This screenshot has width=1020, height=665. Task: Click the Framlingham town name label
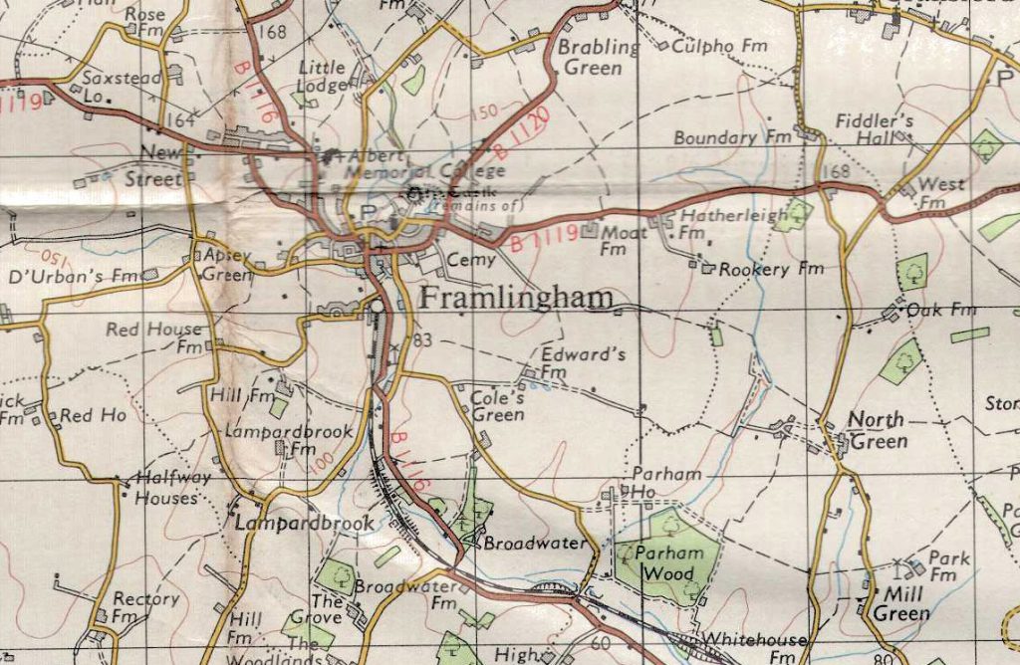516,299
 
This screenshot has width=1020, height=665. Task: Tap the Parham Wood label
669,562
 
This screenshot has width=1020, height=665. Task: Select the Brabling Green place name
598,58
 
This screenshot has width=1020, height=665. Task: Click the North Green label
878,430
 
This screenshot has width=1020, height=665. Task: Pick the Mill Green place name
900,604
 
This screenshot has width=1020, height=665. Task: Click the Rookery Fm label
771,269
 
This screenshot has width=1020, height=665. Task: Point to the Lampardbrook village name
305,523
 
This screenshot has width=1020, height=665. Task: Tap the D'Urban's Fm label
69,275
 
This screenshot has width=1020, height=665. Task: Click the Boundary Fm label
730,138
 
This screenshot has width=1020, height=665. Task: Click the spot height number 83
422,341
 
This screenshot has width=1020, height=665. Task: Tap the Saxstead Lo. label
108,86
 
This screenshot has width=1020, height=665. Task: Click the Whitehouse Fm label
753,647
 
